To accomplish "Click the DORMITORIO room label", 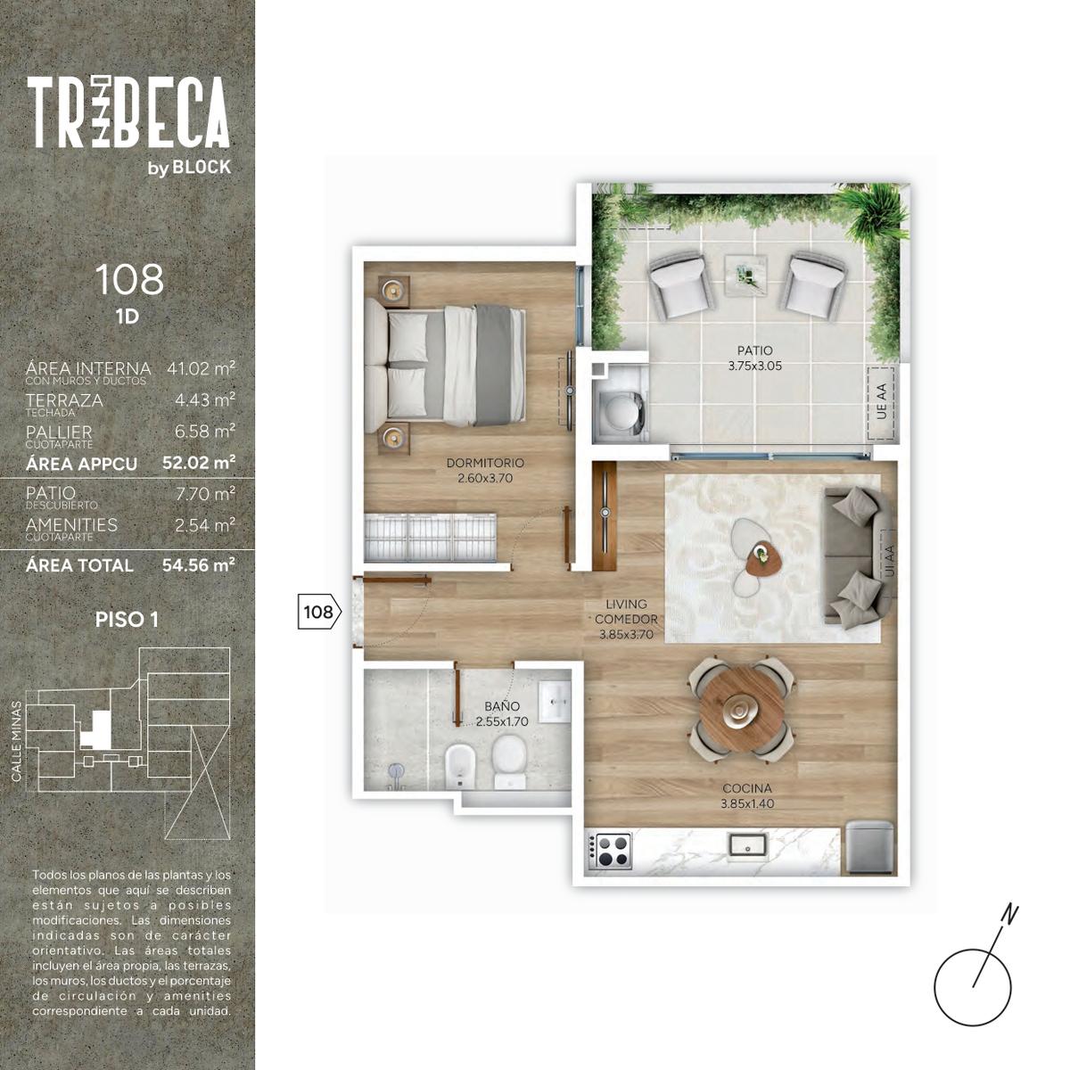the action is click(x=485, y=463).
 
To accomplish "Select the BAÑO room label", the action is click(x=502, y=706).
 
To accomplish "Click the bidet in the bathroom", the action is click(x=461, y=765).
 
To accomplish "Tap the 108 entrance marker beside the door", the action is click(x=319, y=612).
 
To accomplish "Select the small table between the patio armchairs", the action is click(x=745, y=273).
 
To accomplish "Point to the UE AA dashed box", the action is click(x=881, y=402).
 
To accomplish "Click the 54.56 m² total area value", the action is click(x=198, y=565).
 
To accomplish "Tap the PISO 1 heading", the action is click(x=128, y=620).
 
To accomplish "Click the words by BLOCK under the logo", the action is click(x=189, y=167).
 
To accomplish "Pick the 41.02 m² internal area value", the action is click(x=201, y=368).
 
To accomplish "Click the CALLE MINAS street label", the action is click(x=17, y=741).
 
